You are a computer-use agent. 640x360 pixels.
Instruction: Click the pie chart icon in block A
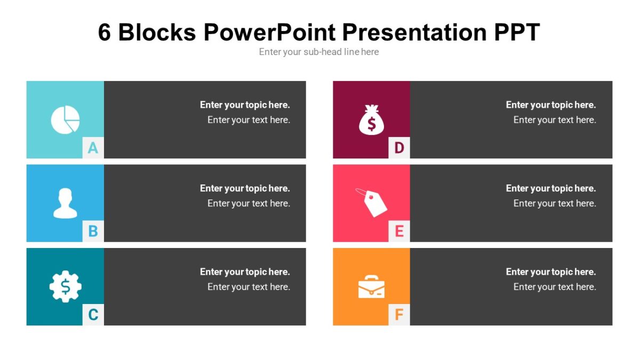pyautogui.click(x=65, y=119)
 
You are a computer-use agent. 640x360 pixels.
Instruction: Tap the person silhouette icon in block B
pyautogui.click(x=65, y=203)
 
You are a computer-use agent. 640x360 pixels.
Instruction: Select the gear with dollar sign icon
pyautogui.click(x=65, y=287)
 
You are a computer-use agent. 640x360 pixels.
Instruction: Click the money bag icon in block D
pyautogui.click(x=371, y=119)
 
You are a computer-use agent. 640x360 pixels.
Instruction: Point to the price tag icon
pyautogui.click(x=372, y=203)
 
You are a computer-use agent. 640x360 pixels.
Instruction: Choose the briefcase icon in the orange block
pyautogui.click(x=371, y=287)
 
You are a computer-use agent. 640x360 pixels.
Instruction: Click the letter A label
pyautogui.click(x=93, y=148)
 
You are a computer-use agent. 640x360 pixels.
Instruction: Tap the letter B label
pyautogui.click(x=93, y=231)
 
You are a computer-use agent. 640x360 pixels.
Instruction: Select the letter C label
pyautogui.click(x=93, y=315)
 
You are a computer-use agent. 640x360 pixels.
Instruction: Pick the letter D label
pyautogui.click(x=399, y=148)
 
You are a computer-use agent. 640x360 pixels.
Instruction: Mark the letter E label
pyautogui.click(x=399, y=231)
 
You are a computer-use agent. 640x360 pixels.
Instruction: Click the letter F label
pyautogui.click(x=399, y=315)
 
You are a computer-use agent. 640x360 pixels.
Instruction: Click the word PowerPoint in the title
pyautogui.click(x=270, y=33)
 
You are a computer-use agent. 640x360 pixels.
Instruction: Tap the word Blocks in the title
pyautogui.click(x=157, y=33)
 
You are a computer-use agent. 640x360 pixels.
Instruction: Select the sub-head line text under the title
pyautogui.click(x=319, y=52)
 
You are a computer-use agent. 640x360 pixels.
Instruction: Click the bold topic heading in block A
pyautogui.click(x=245, y=105)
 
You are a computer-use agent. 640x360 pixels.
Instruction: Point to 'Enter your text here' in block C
pyautogui.click(x=249, y=287)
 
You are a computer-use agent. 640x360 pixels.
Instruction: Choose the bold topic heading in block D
pyautogui.click(x=551, y=105)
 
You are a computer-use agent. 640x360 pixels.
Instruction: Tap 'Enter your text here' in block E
pyautogui.click(x=555, y=203)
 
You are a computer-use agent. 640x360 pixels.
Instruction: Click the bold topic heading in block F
pyautogui.click(x=551, y=272)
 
